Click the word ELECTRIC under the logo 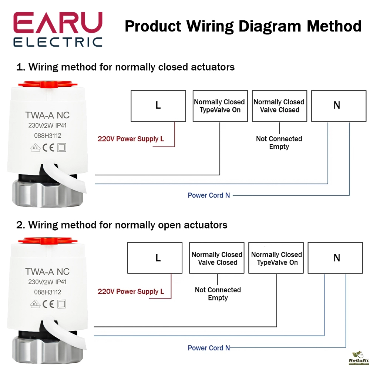(58, 41)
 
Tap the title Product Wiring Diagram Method (243, 26)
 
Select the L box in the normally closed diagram (158, 106)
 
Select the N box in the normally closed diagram (337, 106)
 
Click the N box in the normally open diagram (335, 258)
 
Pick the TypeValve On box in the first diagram (220, 106)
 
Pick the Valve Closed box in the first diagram (279, 106)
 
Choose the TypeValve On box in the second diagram (276, 258)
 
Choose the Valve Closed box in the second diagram (217, 258)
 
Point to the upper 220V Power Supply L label (131, 139)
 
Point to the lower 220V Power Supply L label (131, 292)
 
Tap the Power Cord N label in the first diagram (209, 195)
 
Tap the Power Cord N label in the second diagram (209, 348)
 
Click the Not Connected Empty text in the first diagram (279, 143)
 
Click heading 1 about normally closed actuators (125, 67)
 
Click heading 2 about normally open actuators (122, 225)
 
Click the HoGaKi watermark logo (358, 358)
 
